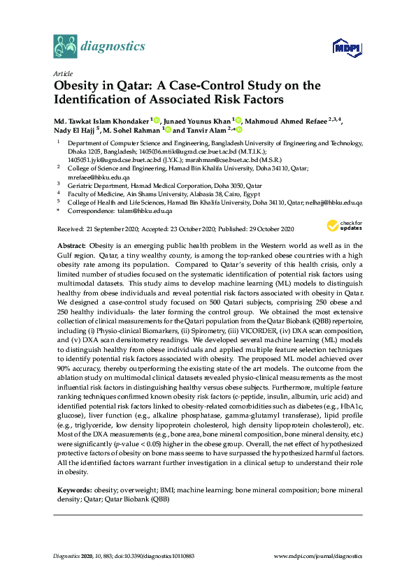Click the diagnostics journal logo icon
click(65, 47)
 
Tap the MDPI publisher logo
click(346, 48)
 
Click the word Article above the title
click(62, 73)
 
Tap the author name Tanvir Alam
click(211, 129)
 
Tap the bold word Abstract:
click(71, 246)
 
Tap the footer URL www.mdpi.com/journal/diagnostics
click(319, 556)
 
